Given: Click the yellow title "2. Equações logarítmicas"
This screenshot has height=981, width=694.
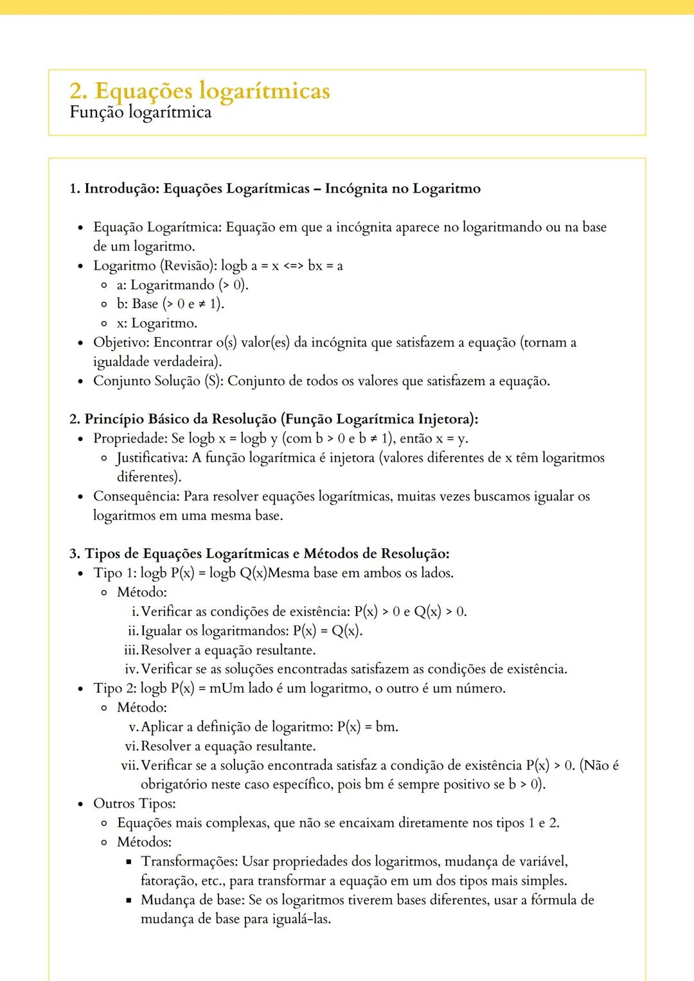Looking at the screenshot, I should tap(199, 91).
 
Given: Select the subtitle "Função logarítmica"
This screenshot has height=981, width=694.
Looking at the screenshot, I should tap(140, 112).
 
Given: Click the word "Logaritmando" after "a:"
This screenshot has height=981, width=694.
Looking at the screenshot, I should tap(172, 285).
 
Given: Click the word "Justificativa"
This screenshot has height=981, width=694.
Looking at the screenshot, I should tap(151, 458).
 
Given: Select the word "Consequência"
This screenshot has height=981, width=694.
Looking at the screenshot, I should tap(136, 496).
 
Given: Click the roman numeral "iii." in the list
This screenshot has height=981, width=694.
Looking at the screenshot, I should tap(131, 650).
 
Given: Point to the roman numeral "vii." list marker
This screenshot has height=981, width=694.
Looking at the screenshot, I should tap(129, 765).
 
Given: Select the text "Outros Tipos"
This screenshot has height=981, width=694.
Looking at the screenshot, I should tap(134, 804).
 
